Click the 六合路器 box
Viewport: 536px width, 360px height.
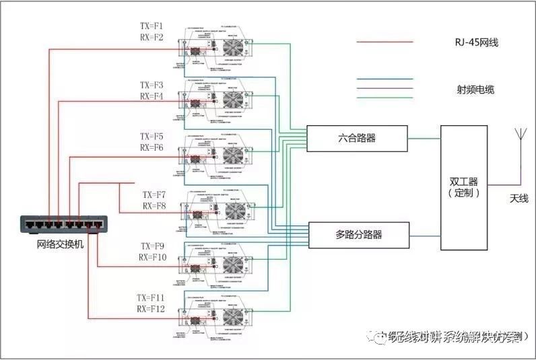click(357, 138)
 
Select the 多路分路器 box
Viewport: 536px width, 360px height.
click(358, 235)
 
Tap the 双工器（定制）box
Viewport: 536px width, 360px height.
click(464, 186)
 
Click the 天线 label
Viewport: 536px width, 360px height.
click(519, 199)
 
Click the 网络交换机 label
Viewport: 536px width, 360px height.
click(61, 244)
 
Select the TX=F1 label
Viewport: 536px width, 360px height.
click(151, 26)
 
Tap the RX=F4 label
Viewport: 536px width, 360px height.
click(152, 96)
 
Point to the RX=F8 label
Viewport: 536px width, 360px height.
click(154, 206)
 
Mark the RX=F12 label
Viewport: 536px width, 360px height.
click(152, 308)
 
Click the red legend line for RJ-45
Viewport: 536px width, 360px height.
click(384, 42)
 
